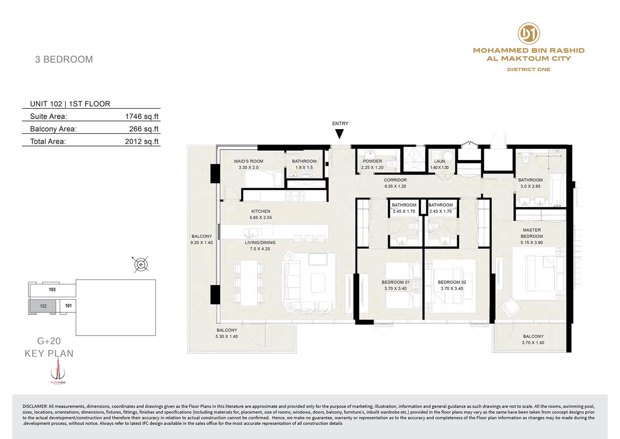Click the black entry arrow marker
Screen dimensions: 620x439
[339, 134]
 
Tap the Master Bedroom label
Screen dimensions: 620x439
[532, 233]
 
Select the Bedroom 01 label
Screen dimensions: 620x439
[396, 282]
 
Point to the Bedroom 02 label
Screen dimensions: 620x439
[452, 282]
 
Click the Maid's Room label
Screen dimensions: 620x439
[248, 161]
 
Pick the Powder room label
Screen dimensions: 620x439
[372, 161]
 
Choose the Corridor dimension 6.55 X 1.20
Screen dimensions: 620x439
[395, 186]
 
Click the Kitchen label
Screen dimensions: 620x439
[261, 211]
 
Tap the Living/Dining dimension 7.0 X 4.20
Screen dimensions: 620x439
[260, 249]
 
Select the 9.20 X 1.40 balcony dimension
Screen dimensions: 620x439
[202, 242]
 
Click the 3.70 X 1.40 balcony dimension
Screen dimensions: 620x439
[533, 343]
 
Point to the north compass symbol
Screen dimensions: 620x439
[141, 264]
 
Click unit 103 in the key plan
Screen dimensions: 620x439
[52, 290]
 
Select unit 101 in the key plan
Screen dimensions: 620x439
[68, 306]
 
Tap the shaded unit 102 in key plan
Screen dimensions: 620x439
[43, 306]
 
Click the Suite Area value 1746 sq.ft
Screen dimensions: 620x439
[142, 116]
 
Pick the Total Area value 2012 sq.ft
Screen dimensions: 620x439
[142, 142]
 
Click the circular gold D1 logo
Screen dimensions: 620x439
[529, 33]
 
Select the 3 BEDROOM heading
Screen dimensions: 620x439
[64, 59]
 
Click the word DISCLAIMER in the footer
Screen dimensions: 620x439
[35, 406]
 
